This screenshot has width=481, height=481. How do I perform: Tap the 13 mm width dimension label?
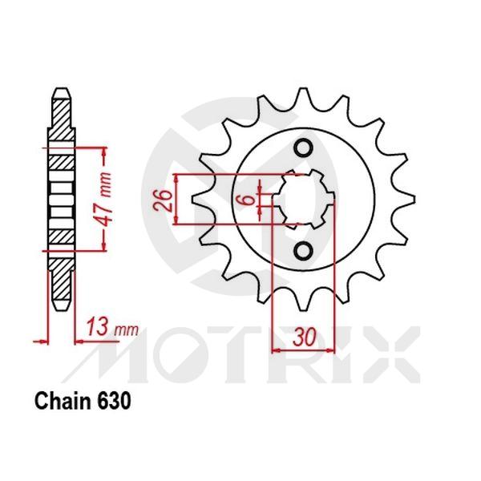point(111,328)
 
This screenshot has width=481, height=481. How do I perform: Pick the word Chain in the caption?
point(62,401)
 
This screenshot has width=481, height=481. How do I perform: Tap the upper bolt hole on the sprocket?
point(304,148)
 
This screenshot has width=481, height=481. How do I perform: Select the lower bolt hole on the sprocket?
point(304,250)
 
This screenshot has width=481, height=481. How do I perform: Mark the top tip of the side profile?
point(61,87)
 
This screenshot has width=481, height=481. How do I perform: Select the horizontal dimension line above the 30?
point(304,351)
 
